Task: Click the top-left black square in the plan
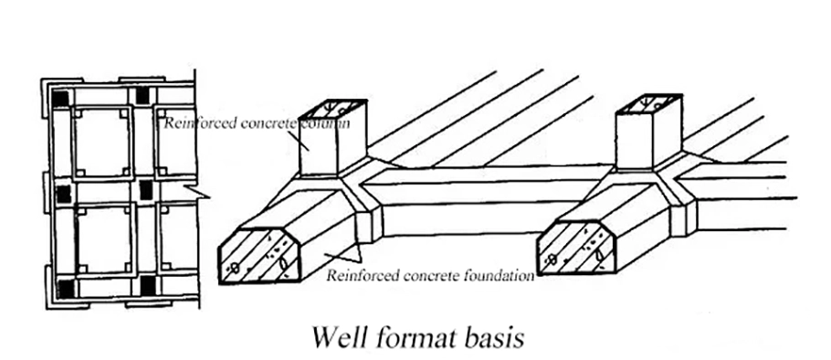click(60, 99)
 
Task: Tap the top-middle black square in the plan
click(142, 95)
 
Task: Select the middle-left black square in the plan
click(64, 194)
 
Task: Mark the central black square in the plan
click(145, 191)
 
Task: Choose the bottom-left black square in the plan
click(67, 289)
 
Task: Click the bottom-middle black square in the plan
click(148, 285)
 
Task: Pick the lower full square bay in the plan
click(105, 239)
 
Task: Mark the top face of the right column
click(648, 103)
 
